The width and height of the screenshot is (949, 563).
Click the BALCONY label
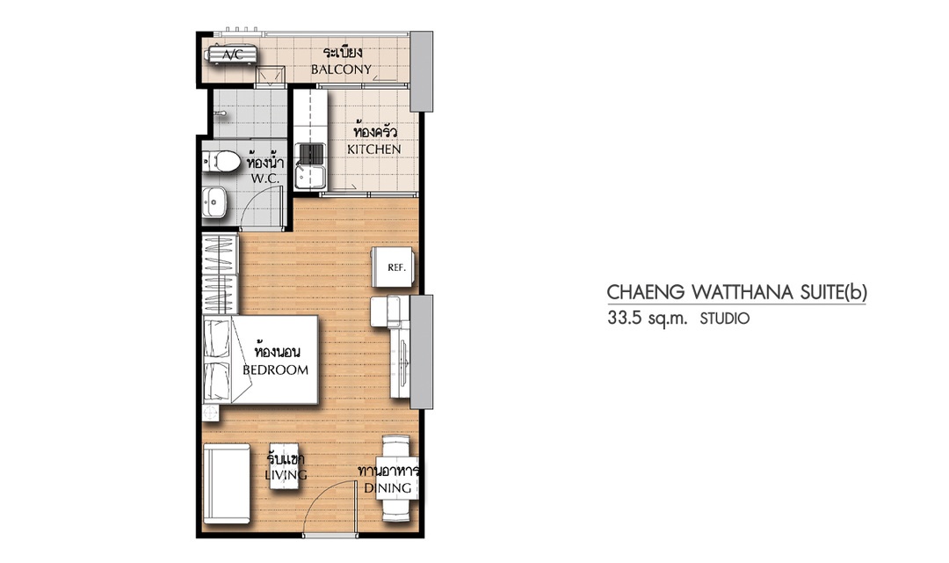(341, 69)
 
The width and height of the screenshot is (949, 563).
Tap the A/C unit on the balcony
(232, 55)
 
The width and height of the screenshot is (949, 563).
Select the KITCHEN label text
(374, 149)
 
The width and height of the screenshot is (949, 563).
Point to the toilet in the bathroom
(221, 161)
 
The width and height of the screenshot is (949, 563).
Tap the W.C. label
(265, 179)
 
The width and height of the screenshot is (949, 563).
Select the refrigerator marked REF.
(394, 267)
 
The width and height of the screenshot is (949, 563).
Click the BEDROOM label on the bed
(275, 369)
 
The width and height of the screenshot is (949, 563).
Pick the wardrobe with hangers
(219, 274)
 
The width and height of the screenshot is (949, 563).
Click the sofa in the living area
(227, 483)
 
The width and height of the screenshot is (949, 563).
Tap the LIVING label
(286, 475)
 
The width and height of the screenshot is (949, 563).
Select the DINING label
(388, 488)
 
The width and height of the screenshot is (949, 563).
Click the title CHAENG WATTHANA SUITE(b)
(736, 292)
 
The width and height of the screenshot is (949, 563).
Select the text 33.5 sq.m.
(648, 318)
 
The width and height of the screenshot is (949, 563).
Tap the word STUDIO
(725, 318)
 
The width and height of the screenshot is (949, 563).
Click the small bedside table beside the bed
(211, 413)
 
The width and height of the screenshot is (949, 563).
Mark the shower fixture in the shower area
(221, 113)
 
